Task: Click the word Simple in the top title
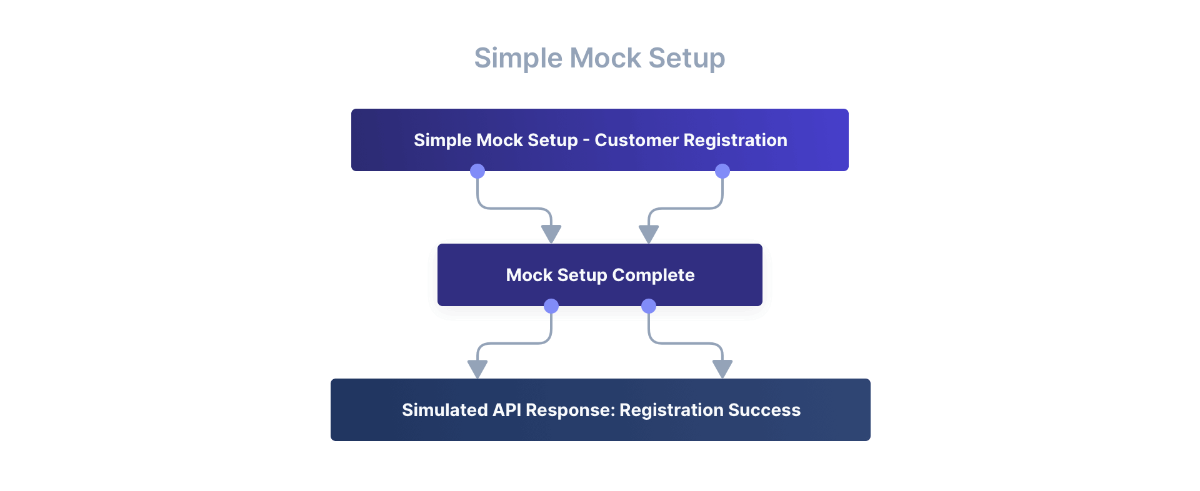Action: point(518,58)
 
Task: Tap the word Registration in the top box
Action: point(744,140)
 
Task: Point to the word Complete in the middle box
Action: point(653,275)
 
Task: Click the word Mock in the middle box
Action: point(529,275)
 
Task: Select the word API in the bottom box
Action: point(506,410)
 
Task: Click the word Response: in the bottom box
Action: point(570,410)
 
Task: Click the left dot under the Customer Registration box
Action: point(477,171)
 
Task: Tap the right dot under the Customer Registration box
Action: point(722,171)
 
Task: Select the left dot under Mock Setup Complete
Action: point(551,306)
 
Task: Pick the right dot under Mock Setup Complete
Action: point(649,306)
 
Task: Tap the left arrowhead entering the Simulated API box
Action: point(477,369)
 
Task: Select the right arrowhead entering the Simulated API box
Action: point(722,369)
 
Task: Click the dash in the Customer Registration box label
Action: point(586,141)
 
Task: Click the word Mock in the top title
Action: point(606,58)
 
